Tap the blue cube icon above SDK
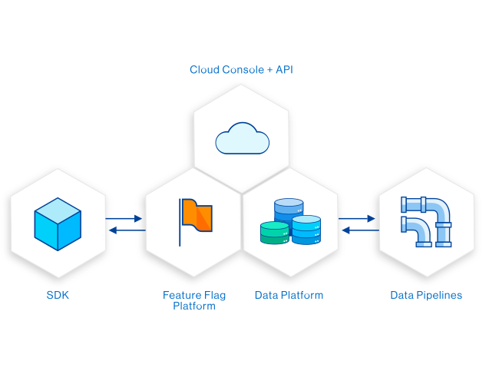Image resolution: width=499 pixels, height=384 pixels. [x=58, y=222]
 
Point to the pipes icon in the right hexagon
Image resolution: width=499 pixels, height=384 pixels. [x=425, y=220]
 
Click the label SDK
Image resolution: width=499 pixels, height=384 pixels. [x=57, y=295]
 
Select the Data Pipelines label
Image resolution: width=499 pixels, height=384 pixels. [x=426, y=295]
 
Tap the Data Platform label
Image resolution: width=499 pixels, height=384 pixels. [x=289, y=295]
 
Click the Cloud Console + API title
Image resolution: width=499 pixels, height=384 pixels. [x=242, y=70]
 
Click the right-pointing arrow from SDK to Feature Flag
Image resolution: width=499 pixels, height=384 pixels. [x=125, y=219]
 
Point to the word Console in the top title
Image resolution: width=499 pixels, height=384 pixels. [x=240, y=70]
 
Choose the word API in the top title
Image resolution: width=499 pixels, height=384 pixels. [x=284, y=70]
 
